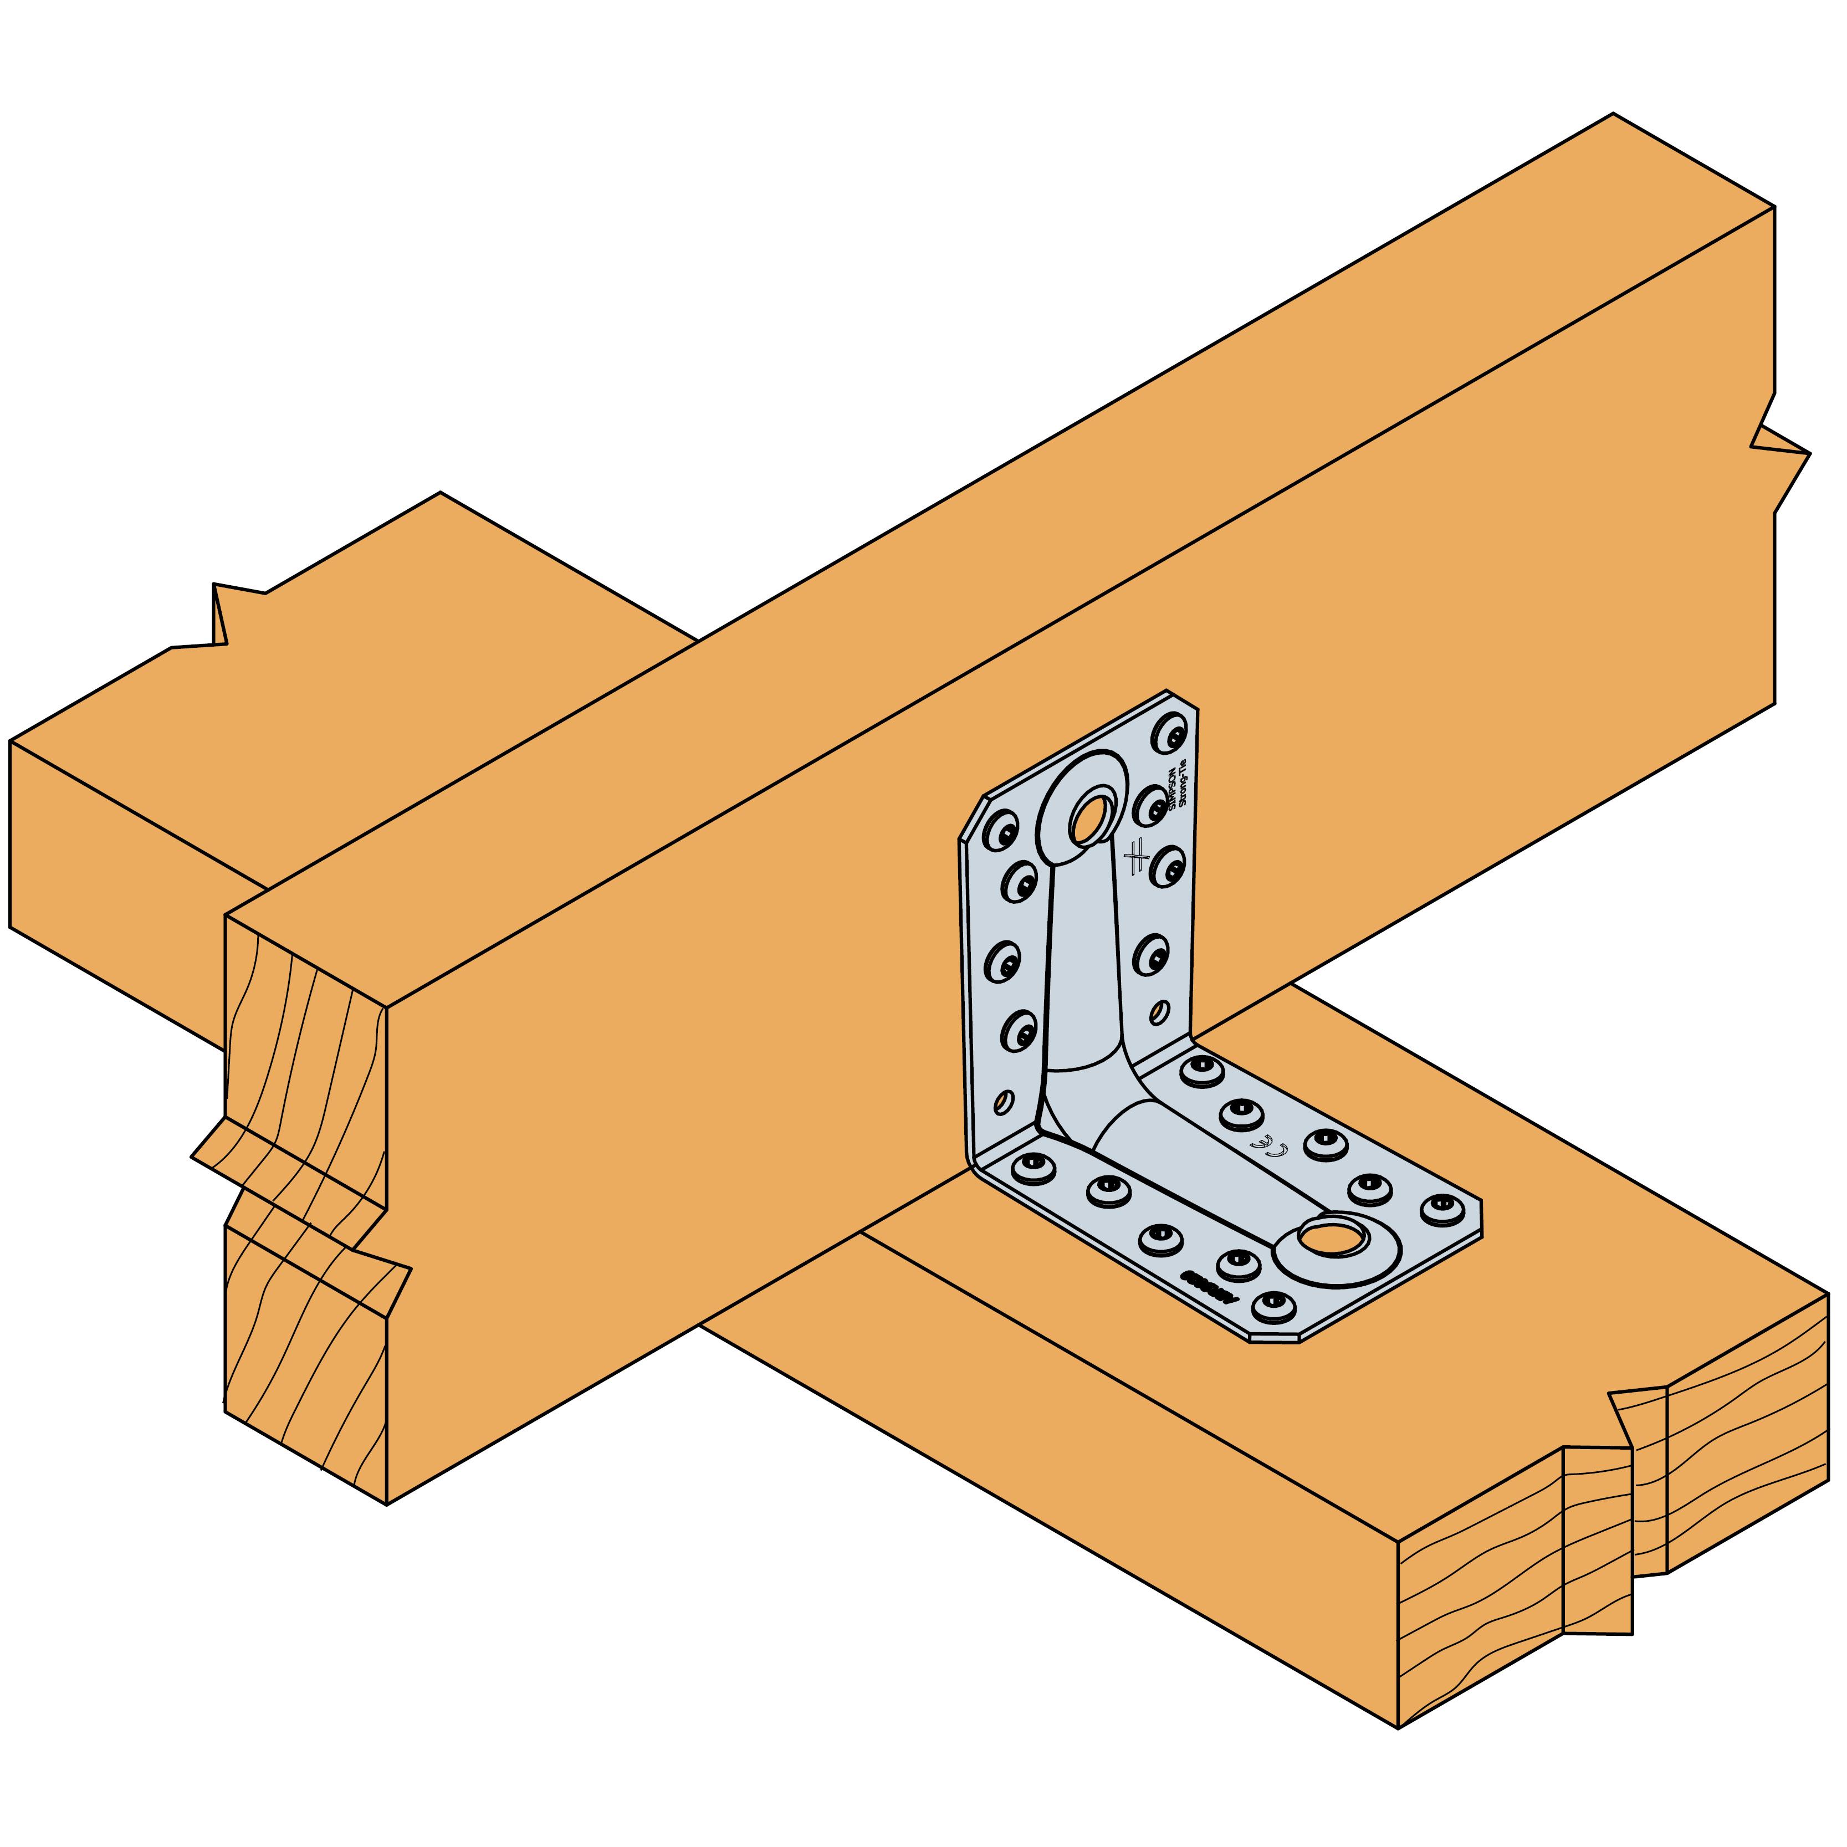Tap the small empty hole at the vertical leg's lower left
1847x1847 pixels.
point(1003,1102)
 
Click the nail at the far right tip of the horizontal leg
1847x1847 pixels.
point(1442,1209)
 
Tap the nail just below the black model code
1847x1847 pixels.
point(1272,1306)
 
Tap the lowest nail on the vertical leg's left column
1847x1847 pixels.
point(1020,1031)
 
